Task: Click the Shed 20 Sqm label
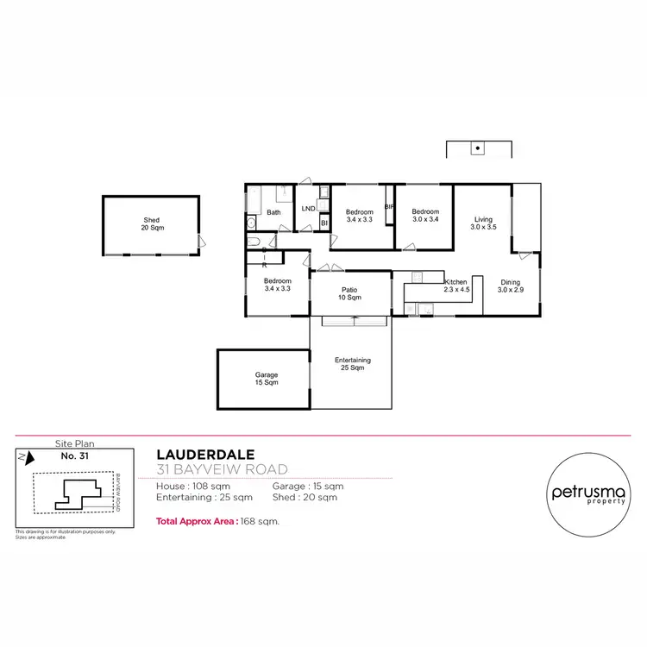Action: [152, 224]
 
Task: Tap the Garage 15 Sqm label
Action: [266, 379]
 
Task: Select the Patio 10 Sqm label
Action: [350, 293]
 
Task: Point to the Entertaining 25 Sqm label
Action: [352, 363]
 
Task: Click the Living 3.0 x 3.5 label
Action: [484, 223]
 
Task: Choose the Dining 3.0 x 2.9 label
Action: [510, 286]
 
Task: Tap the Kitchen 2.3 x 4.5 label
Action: [455, 286]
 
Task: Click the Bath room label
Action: [273, 212]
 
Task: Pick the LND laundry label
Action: [308, 209]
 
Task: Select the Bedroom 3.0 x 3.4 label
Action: [425, 216]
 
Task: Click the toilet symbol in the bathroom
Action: [251, 223]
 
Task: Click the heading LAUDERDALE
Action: [205, 455]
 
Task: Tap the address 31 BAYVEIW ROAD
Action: [222, 470]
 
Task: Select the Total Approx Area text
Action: [217, 522]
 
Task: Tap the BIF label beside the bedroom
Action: [389, 207]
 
